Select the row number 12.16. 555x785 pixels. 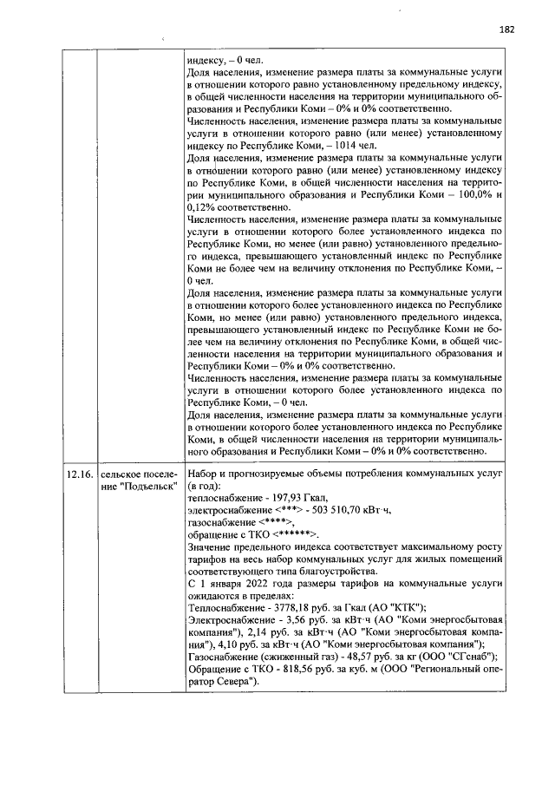point(79,475)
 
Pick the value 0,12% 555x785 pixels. point(201,209)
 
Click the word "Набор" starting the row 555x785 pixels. point(204,475)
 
